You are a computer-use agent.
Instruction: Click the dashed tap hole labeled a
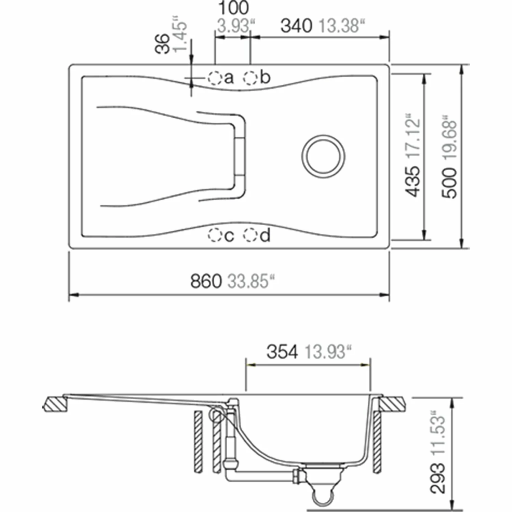[214, 78]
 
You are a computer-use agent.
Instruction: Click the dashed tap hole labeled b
[250, 78]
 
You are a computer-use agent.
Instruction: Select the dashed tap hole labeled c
[215, 235]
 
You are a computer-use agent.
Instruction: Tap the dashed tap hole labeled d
[251, 235]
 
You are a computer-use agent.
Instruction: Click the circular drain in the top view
[323, 156]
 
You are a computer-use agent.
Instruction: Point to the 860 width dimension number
[206, 282]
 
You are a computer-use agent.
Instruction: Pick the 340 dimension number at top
[296, 26]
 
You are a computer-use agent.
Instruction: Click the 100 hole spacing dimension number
[233, 8]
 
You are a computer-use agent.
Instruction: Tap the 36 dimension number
[163, 43]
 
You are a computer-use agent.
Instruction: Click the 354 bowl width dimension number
[282, 352]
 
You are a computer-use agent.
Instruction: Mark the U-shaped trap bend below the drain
[323, 498]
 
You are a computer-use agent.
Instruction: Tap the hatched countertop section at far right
[392, 404]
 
